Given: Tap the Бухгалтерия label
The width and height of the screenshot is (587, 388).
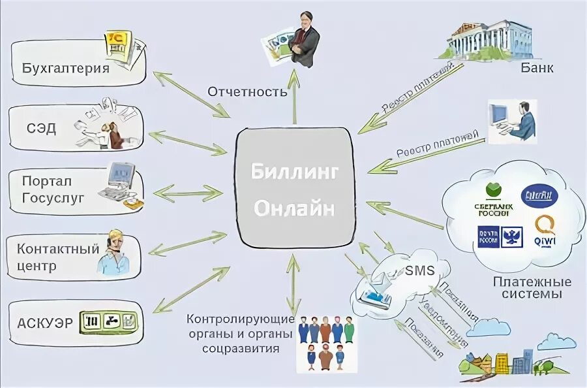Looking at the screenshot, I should click(65, 67).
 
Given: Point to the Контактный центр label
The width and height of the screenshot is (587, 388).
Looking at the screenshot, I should click(58, 257).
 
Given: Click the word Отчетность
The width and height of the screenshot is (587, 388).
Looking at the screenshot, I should click(248, 91).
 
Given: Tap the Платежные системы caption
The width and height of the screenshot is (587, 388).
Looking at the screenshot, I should click(532, 288).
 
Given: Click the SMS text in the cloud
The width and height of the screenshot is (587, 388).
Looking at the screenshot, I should click(418, 270).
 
